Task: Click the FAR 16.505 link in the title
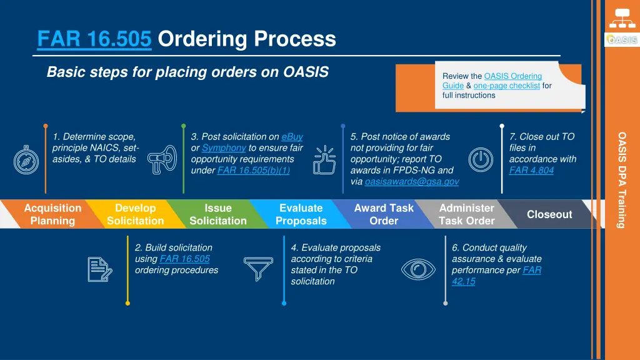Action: click(x=94, y=39)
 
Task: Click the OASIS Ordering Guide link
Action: click(x=512, y=76)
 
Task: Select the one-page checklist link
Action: click(x=506, y=86)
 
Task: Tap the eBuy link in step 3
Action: click(x=292, y=137)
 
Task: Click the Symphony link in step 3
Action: click(x=224, y=148)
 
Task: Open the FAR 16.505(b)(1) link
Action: click(x=253, y=171)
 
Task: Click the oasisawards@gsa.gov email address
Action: click(x=411, y=182)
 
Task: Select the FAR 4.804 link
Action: click(x=531, y=171)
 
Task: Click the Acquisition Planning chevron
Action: click(x=52, y=214)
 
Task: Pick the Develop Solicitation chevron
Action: click(x=135, y=214)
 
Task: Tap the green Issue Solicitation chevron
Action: click(x=217, y=214)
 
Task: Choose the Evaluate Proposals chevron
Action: click(x=301, y=214)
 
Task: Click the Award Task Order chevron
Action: click(x=383, y=214)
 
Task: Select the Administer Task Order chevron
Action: click(x=466, y=214)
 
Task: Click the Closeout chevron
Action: click(x=549, y=214)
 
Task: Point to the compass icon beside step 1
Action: click(x=26, y=159)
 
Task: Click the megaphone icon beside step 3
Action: click(x=162, y=159)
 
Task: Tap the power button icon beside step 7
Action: click(x=481, y=159)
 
